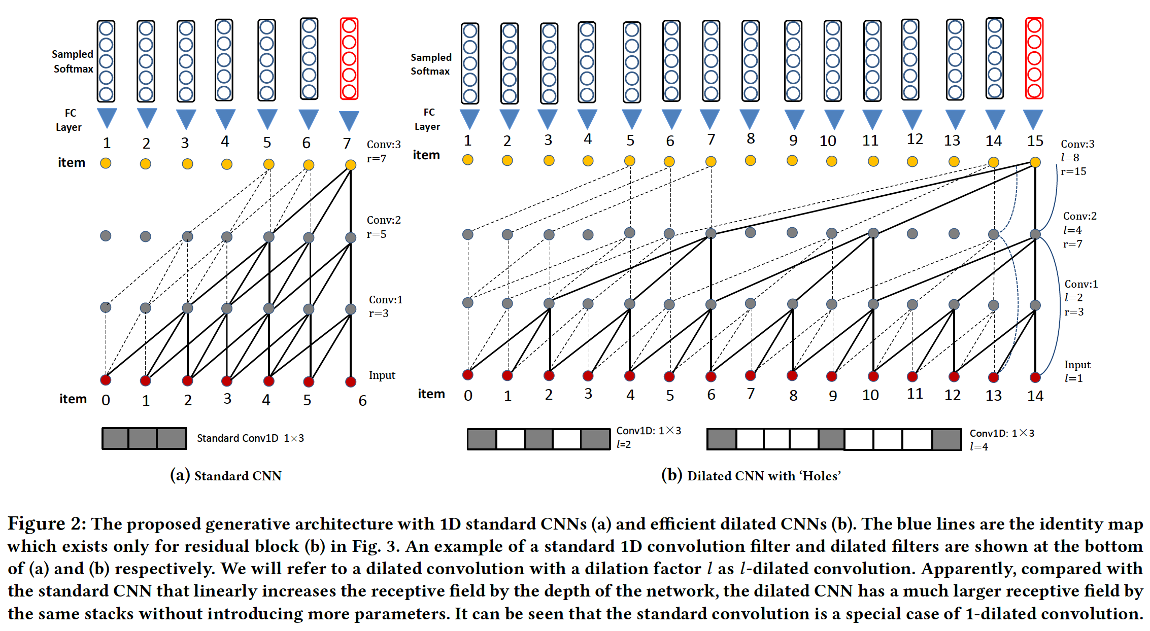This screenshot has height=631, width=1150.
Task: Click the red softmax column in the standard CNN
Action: coord(349,59)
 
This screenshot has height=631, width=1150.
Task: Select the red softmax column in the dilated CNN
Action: coord(1034,58)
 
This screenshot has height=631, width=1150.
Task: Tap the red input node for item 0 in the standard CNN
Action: coord(106,380)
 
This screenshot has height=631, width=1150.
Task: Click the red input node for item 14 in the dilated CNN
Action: coord(1035,377)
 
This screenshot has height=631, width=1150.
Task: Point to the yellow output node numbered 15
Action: coord(1035,162)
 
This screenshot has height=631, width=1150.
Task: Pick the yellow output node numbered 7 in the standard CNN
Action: coord(350,165)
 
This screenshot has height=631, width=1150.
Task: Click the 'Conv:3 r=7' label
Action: coord(383,151)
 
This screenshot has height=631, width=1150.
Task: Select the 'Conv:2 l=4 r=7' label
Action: coord(1079,230)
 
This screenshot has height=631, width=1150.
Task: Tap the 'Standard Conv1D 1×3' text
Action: coord(250,438)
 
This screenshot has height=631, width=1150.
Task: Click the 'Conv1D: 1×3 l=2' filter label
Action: coord(648,437)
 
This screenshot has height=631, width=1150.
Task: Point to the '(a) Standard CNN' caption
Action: coord(226,476)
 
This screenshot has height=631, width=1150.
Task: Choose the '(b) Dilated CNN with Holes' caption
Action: coord(751,476)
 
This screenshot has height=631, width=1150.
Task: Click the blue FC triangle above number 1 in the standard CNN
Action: coord(107,118)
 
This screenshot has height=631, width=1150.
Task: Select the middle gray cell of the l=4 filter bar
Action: coord(831,439)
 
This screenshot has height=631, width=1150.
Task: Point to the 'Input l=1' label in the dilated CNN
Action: coord(1076,371)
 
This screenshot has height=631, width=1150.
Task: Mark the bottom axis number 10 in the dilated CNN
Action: coord(870,395)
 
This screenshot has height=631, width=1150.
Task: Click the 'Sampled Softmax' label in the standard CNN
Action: coord(73,61)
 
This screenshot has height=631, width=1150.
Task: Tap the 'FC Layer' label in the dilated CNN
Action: coord(428,119)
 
